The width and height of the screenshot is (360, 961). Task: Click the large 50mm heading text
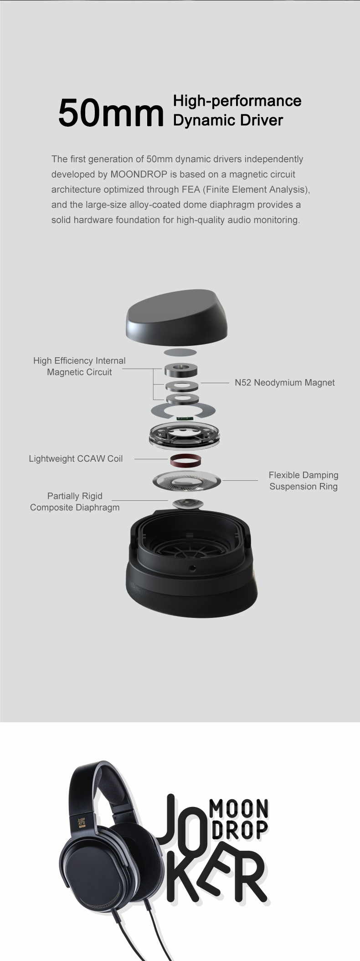pos(111,112)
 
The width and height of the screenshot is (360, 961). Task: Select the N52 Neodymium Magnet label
pos(284,383)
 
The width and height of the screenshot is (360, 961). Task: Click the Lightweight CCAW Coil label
pos(76,459)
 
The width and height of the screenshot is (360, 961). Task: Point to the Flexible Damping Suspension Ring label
pos(303,481)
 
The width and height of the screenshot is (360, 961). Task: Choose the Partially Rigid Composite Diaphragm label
pos(75,502)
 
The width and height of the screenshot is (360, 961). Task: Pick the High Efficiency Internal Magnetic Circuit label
pos(79,366)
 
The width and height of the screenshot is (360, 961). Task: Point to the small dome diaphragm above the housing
pos(188,504)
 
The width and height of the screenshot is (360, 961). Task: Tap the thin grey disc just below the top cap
pos(180,352)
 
